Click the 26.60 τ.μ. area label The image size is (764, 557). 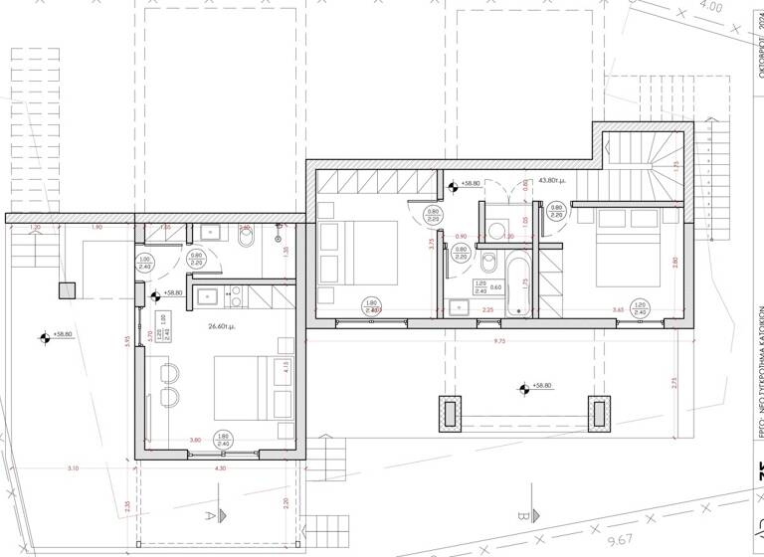tap(221, 326)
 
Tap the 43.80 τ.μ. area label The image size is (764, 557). tap(551, 181)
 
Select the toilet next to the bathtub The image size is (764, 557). tap(489, 264)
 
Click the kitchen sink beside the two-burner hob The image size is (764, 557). tap(209, 294)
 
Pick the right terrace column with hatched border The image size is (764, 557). tap(600, 415)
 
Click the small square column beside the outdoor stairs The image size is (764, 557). tap(66, 290)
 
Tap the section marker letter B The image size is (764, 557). tap(521, 515)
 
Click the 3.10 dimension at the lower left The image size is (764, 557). tap(73, 467)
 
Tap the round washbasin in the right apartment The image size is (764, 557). tap(494, 229)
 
